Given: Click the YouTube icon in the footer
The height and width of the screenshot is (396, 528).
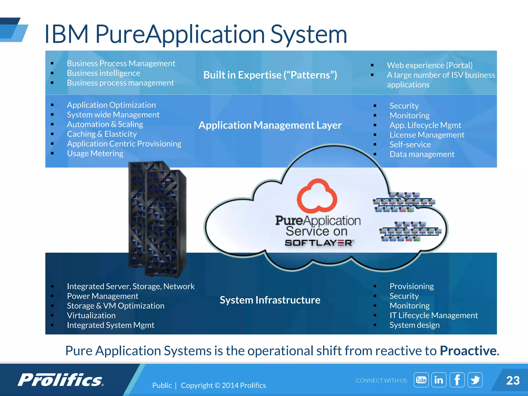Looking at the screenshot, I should tap(421, 380).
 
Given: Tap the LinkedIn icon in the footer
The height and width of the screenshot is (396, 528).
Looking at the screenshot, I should tap(439, 380).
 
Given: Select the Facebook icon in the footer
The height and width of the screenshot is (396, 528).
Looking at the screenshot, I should tap(457, 380).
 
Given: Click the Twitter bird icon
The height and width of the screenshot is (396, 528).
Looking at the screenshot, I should tap(475, 380).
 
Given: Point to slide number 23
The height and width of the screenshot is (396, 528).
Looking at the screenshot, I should tap(513, 381).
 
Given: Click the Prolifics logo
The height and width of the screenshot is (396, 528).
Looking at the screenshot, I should tap(61, 380).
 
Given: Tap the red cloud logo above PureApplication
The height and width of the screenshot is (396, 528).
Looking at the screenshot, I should tap(317, 196).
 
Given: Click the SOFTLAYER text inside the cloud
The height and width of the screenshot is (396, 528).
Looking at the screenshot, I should tap(319, 243).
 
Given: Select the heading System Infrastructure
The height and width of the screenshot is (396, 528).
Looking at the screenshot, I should tap(270, 300).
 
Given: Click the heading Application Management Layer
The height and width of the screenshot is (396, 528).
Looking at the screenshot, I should tap(270, 125).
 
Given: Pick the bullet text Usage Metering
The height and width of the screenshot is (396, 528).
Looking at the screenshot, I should tap(95, 154).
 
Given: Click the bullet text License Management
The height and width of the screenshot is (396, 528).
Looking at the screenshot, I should tap(427, 135).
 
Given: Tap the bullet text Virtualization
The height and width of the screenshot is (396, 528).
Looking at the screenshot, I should tap(91, 316).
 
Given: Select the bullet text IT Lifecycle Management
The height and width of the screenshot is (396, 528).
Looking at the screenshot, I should tap(434, 315).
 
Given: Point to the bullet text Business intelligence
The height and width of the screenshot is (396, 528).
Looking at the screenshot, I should tap(103, 73).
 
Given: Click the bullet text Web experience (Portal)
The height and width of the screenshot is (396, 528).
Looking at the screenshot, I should tap(430, 65).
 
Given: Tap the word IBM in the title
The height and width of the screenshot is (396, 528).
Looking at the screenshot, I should tap(67, 34).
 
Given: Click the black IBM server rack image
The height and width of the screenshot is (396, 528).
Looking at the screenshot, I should tap(157, 219).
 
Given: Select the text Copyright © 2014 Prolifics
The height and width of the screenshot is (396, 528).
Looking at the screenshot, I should tap(223, 385).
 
